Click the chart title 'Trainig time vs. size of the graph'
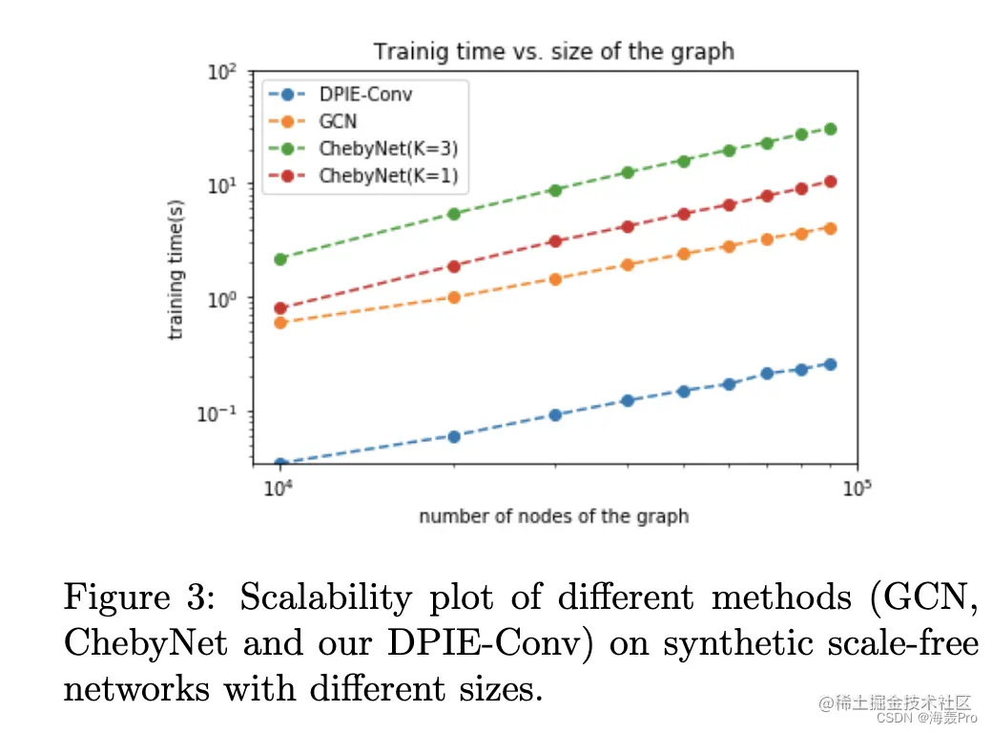553,51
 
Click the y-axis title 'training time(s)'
176,270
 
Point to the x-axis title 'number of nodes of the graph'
553,516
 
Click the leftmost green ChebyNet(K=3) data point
280,259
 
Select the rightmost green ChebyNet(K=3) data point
830,129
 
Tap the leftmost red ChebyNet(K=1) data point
280,308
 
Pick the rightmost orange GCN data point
830,228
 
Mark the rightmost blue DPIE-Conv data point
830,364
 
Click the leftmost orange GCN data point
280,323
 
